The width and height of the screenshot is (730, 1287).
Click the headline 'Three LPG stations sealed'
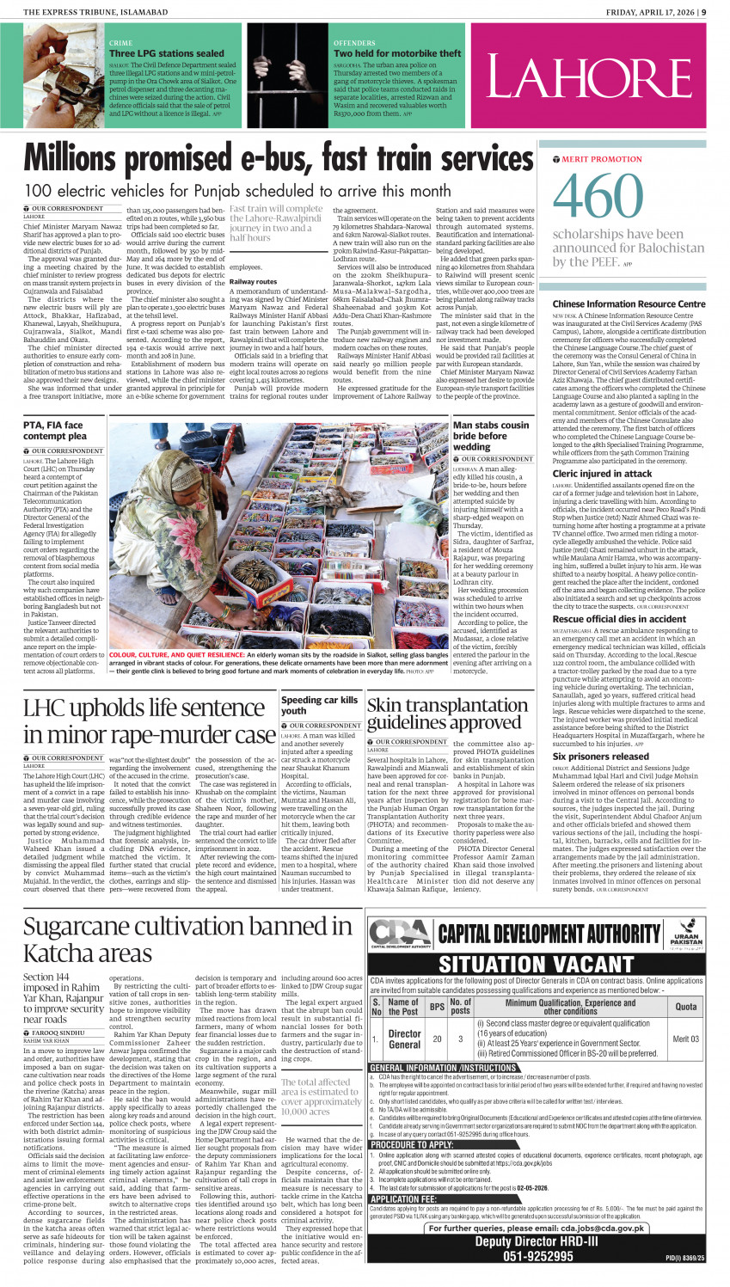click(166, 53)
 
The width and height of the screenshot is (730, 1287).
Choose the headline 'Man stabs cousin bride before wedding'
click(491, 436)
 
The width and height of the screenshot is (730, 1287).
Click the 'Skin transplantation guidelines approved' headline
click(447, 714)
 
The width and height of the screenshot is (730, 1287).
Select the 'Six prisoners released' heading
click(600, 757)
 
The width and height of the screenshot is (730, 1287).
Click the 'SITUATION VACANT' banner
click(537, 965)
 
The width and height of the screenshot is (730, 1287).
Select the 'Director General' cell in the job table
click(404, 1039)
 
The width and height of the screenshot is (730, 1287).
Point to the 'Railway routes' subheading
click(253, 281)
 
